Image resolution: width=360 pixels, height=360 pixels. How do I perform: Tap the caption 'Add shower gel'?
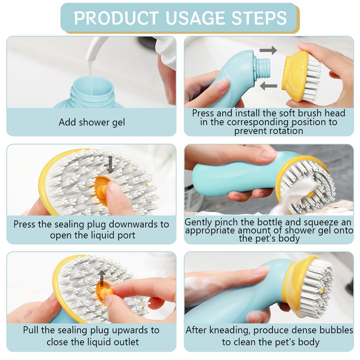point(92,122)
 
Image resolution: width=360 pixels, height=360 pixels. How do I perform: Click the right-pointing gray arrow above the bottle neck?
point(268,50)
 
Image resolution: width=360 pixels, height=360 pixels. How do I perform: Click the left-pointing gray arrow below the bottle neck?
point(269,85)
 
